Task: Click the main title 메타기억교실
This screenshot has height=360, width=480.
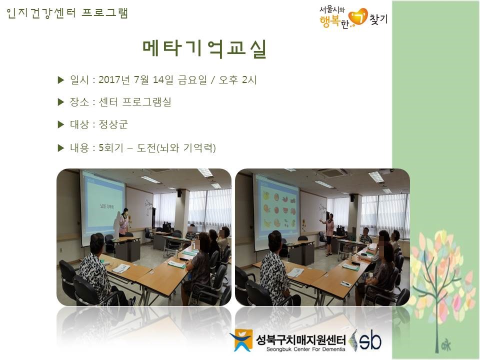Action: tap(204, 49)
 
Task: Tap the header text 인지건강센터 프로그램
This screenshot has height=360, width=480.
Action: tap(67, 13)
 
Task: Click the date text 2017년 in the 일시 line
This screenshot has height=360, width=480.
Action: tap(114, 80)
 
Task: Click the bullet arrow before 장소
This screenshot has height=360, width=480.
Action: tap(61, 102)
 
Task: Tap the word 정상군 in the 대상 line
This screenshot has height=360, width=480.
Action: tap(113, 124)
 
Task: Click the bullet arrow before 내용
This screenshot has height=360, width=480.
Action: tap(61, 148)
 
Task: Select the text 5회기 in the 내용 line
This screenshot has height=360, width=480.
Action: tap(111, 148)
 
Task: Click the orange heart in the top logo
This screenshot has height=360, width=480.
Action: tap(358, 17)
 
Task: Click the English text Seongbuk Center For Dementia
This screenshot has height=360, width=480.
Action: tap(305, 349)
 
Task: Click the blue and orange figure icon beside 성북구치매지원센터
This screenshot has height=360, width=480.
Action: tap(242, 340)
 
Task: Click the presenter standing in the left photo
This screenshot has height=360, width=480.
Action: tap(123, 222)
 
